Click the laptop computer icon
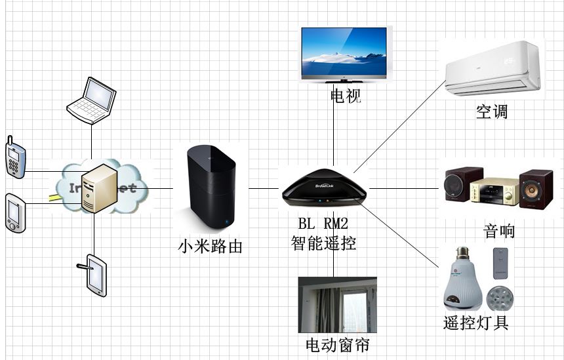coord(93,100)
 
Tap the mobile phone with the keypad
coord(15,157)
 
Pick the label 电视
coord(346,97)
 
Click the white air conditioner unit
coord(494,68)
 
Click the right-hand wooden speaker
coord(535,189)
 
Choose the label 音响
coord(499,231)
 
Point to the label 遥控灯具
coord(476,323)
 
